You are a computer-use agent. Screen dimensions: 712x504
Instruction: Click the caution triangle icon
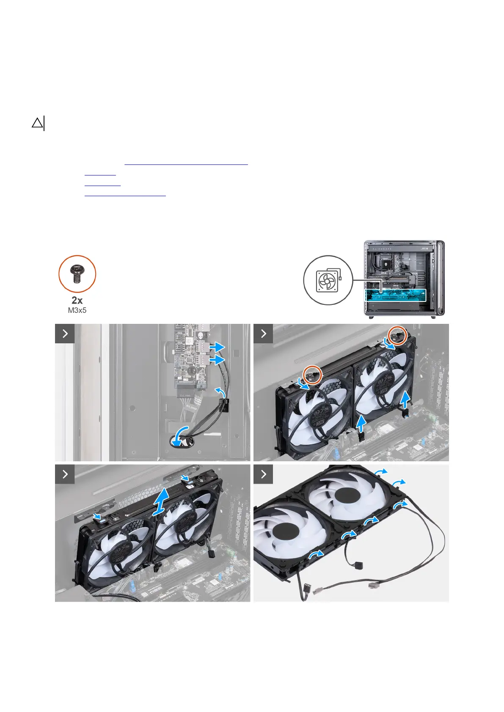37,123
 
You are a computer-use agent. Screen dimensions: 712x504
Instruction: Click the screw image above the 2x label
77,274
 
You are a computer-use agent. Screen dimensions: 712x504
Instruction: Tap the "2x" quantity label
77,300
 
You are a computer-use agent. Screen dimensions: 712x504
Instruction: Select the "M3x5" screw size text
77,310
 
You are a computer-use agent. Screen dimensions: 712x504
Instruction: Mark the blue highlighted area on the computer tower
395,295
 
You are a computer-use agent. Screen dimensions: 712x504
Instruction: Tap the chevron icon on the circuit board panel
65,334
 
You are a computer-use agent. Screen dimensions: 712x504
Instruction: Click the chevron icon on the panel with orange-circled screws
263,334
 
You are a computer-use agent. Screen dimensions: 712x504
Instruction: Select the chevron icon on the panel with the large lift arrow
65,474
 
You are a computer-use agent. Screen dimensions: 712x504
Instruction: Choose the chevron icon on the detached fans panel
263,474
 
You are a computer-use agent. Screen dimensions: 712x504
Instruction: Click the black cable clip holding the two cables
224,405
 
